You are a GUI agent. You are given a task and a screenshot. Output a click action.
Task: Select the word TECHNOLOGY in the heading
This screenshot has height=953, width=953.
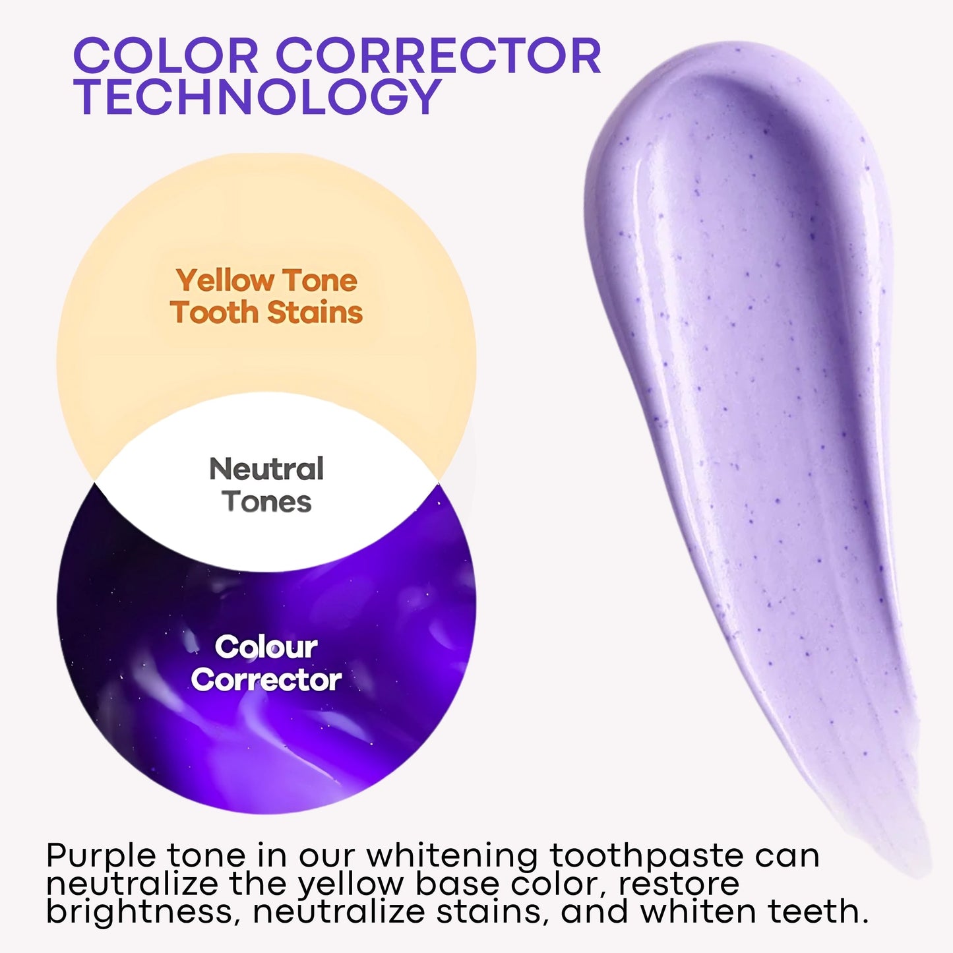[257, 97]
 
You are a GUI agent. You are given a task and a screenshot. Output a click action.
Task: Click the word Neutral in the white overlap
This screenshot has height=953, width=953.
[266, 470]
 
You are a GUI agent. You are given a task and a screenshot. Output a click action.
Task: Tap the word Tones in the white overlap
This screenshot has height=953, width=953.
[266, 502]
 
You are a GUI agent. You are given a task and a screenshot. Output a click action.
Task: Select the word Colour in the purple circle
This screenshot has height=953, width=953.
[266, 648]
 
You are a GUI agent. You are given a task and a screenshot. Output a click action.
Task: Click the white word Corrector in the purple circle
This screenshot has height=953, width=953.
[266, 680]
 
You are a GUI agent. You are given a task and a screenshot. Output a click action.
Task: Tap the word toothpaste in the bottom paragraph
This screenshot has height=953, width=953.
[647, 856]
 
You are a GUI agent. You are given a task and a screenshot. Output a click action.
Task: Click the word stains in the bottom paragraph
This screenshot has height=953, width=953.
[492, 913]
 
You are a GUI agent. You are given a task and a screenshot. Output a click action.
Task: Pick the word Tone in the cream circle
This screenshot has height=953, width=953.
[321, 281]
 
